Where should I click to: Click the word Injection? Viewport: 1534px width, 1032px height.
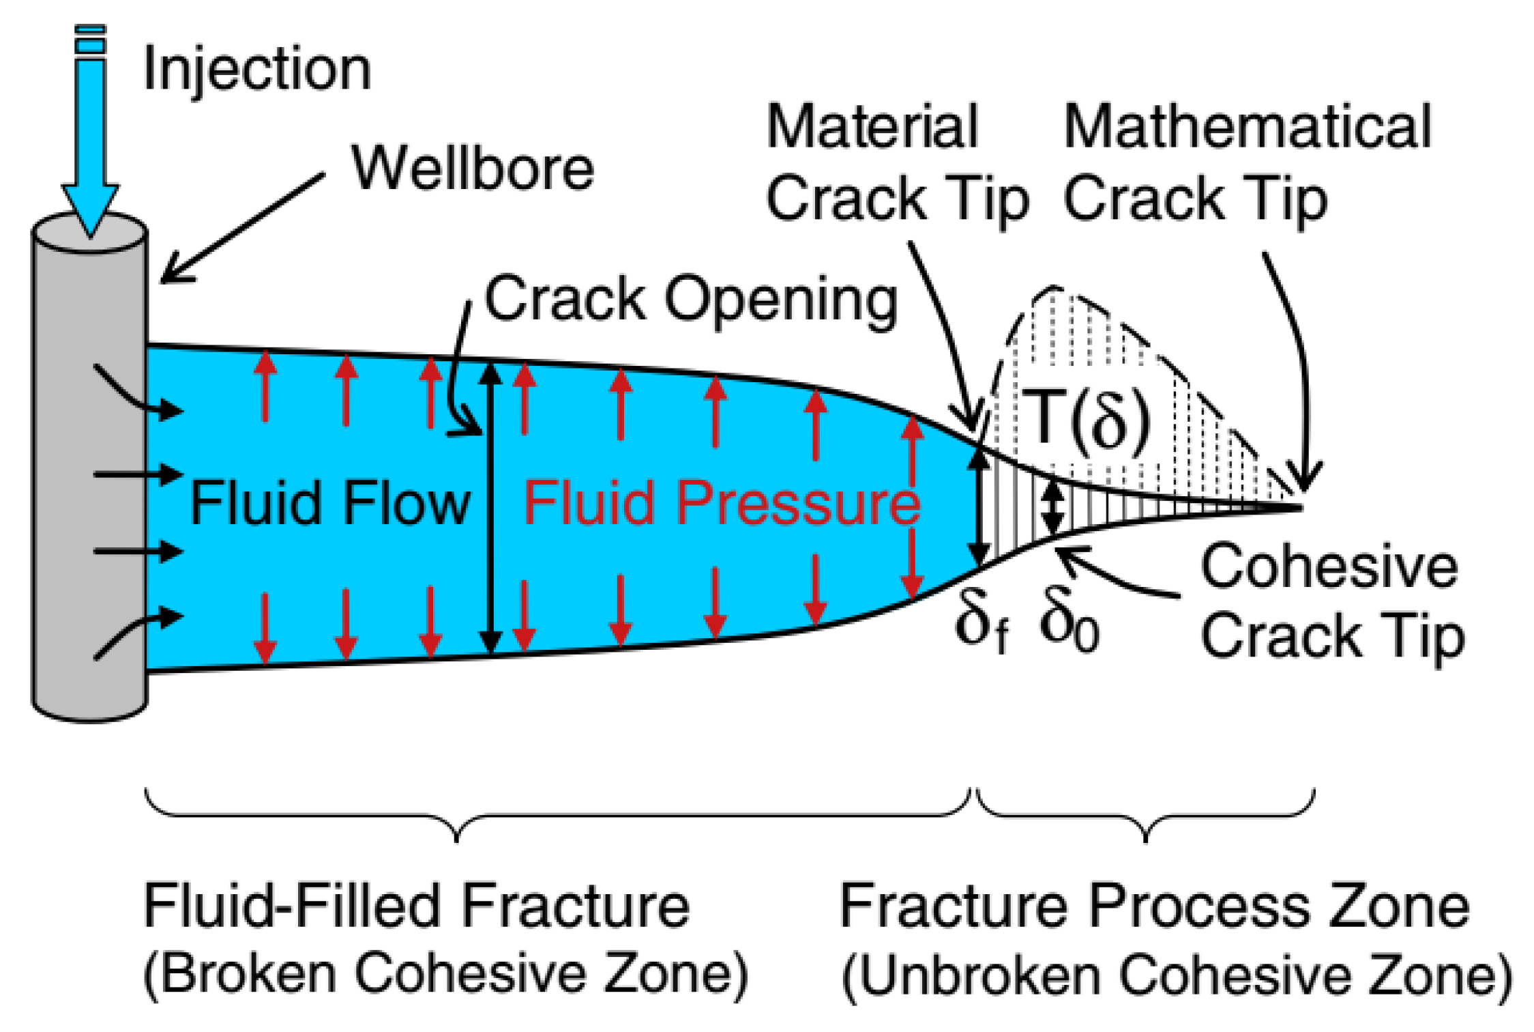[x=257, y=70]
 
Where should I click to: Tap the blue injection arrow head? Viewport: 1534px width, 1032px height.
[x=91, y=208]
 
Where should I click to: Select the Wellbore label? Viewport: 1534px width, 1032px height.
[x=473, y=169]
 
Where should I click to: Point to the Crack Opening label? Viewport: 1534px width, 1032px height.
[x=690, y=300]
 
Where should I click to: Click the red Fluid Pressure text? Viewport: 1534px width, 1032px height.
[x=722, y=503]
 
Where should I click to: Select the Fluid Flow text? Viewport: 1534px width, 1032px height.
[x=330, y=503]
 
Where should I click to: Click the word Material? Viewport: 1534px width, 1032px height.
[x=872, y=127]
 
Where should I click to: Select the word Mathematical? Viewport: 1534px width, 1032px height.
[x=1247, y=127]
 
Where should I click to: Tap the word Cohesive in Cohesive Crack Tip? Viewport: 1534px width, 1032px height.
[x=1329, y=567]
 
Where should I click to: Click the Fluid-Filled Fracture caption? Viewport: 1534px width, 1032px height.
[x=416, y=906]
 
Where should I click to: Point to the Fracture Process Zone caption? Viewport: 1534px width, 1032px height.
[x=1154, y=906]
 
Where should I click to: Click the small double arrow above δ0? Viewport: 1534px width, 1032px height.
[x=1053, y=508]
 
